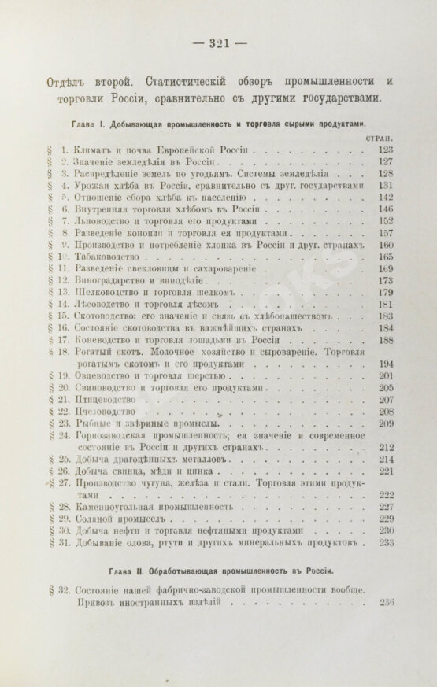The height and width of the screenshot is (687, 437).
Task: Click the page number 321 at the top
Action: [218, 43]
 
